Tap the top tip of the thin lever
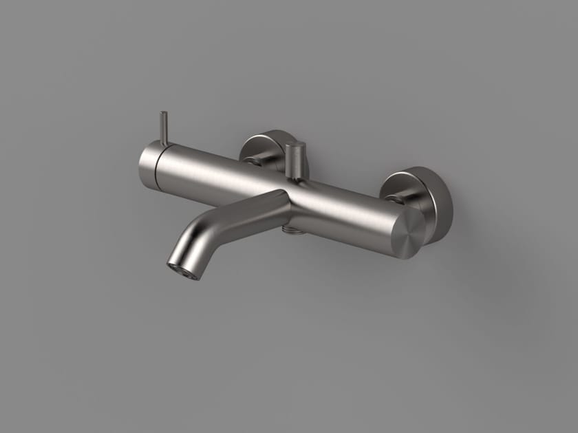(163, 114)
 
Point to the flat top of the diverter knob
(296, 147)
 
